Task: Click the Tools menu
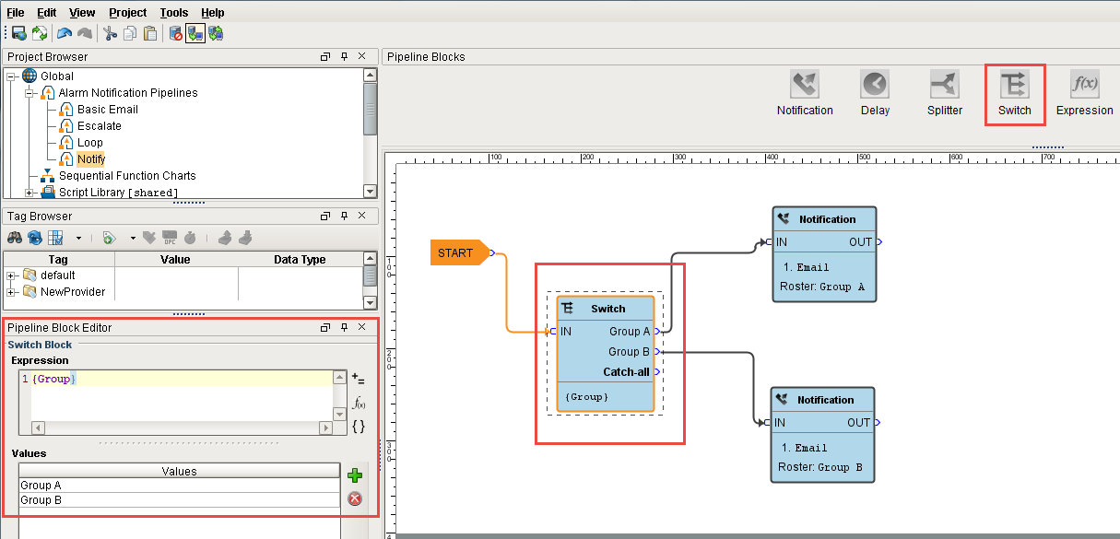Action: [173, 13]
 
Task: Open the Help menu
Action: [212, 13]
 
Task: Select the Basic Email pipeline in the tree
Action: [107, 110]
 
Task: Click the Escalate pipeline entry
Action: [99, 126]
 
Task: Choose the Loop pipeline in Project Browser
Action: [89, 143]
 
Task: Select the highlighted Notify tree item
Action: [91, 159]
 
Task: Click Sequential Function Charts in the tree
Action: [127, 176]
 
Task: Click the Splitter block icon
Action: [945, 86]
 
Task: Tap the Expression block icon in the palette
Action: [1084, 86]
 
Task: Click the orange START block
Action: [458, 252]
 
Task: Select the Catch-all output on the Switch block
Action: [626, 372]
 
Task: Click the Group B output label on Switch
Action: [629, 352]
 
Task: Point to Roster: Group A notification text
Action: [821, 287]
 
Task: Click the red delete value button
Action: [354, 499]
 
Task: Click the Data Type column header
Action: [300, 260]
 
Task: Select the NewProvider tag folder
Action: [72, 292]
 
